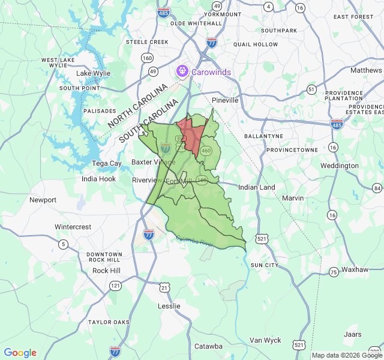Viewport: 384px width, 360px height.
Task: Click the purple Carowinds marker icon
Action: [x=181, y=73]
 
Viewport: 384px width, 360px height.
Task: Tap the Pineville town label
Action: [x=225, y=100]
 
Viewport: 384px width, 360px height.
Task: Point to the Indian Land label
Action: [x=256, y=187]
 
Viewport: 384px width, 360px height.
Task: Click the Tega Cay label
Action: [x=106, y=163]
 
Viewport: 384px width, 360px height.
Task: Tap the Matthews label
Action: [x=365, y=70]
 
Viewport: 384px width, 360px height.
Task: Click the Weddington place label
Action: [x=339, y=166]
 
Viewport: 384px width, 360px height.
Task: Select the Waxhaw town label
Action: [x=354, y=269]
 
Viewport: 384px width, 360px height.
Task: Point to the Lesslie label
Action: [x=168, y=306]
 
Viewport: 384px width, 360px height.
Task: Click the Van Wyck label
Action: [x=265, y=340]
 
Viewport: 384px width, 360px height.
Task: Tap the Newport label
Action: [x=43, y=200]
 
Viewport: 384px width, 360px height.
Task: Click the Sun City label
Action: [x=265, y=265]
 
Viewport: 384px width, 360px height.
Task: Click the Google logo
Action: [x=20, y=353]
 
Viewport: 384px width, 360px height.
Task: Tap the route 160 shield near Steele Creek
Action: [x=147, y=58]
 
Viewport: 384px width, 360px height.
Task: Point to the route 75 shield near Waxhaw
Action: [x=333, y=272]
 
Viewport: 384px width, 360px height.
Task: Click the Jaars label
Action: [x=353, y=334]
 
